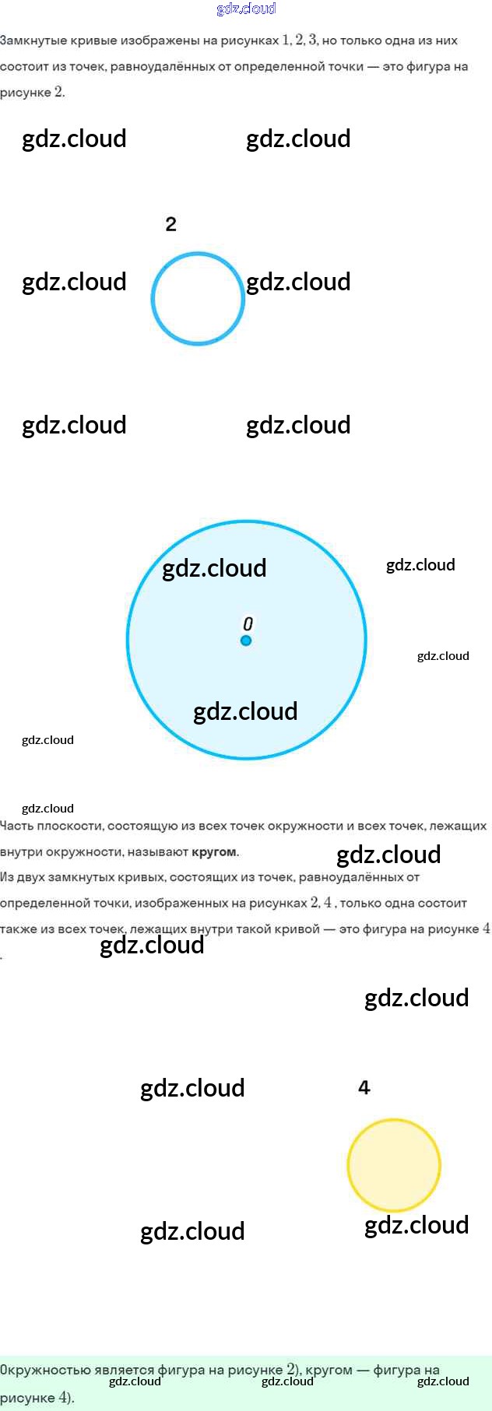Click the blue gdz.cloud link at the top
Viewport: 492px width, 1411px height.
point(246,9)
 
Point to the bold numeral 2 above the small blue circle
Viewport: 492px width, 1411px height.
point(171,224)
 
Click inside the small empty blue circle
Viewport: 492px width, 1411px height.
point(198,299)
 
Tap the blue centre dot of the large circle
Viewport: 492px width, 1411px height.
point(246,641)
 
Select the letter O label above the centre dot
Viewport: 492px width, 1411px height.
point(248,623)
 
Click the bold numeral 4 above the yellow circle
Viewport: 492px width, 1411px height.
point(364,1087)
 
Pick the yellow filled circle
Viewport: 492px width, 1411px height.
point(394,1165)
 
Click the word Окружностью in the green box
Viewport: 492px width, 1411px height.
point(38,1370)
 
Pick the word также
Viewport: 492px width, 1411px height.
point(16,928)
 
